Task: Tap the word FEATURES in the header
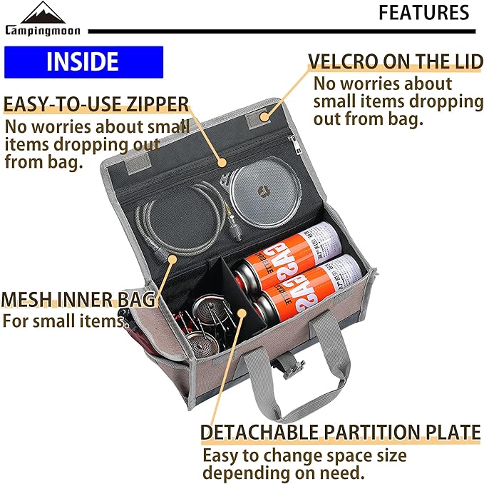[x=423, y=13]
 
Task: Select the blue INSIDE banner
[x=83, y=62]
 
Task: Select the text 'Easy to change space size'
[x=304, y=455]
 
